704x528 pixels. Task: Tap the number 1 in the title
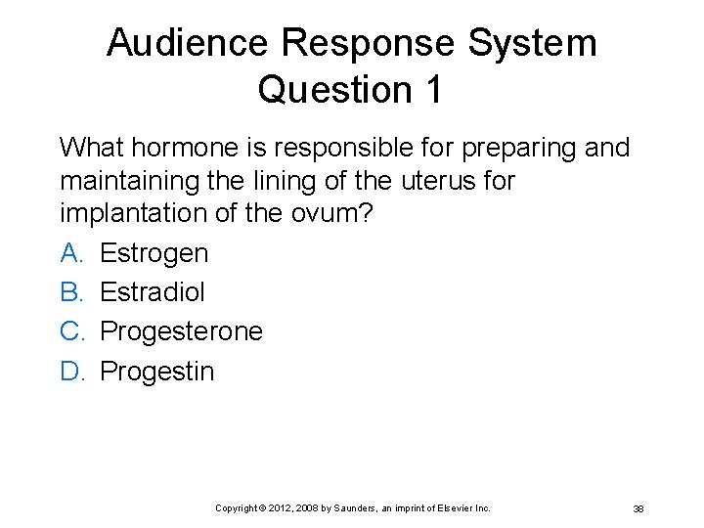tap(432, 89)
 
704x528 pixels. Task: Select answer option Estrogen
tap(154, 253)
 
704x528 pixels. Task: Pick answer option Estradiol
tap(153, 292)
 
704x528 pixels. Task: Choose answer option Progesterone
tap(182, 331)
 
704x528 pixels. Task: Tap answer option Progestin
tap(157, 371)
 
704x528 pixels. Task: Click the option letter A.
tap(69, 253)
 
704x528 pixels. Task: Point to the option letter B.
tap(69, 292)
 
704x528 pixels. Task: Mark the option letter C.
tap(70, 331)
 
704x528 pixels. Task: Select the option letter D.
tap(70, 371)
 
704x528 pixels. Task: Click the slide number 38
tap(638, 508)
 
